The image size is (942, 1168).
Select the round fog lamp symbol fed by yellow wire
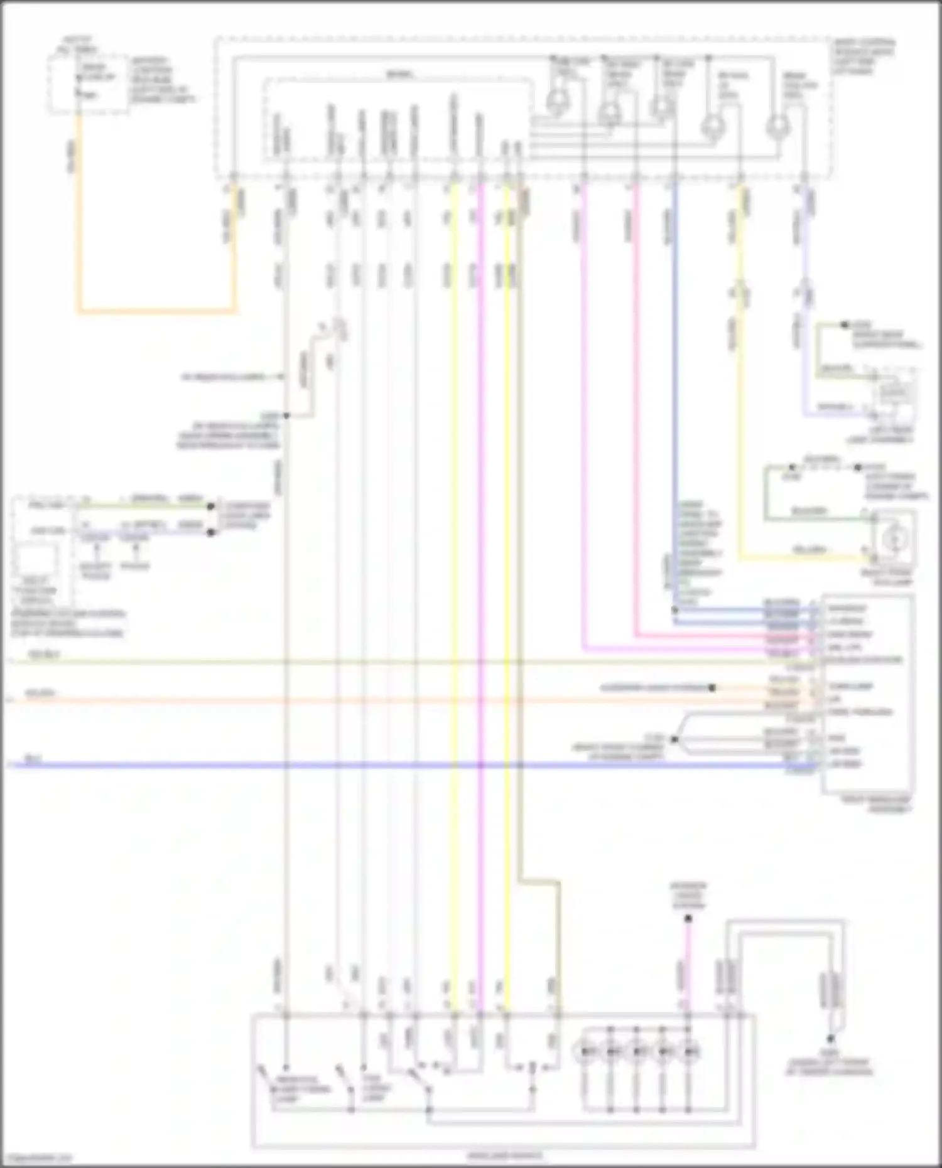(x=895, y=538)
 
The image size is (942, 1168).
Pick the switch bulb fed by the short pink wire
(x=690, y=1051)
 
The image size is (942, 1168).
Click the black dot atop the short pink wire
(x=688, y=918)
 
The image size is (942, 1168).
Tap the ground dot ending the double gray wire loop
(x=830, y=1039)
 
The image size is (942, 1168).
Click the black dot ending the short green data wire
(x=211, y=506)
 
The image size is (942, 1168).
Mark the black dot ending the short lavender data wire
(x=211, y=532)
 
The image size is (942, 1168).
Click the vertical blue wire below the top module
(x=675, y=377)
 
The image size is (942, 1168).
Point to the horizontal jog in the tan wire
(x=539, y=881)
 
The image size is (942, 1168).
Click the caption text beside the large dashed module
(x=863, y=56)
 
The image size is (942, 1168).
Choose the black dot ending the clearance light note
(x=712, y=688)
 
